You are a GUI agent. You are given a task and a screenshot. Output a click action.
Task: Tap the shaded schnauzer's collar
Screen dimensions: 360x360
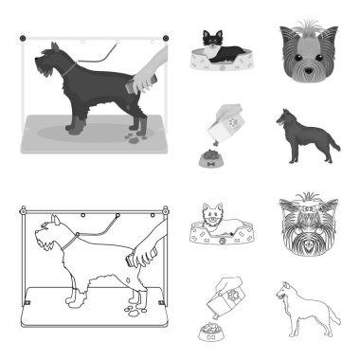69,69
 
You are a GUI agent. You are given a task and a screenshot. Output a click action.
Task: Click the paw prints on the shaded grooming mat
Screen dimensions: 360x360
132,132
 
